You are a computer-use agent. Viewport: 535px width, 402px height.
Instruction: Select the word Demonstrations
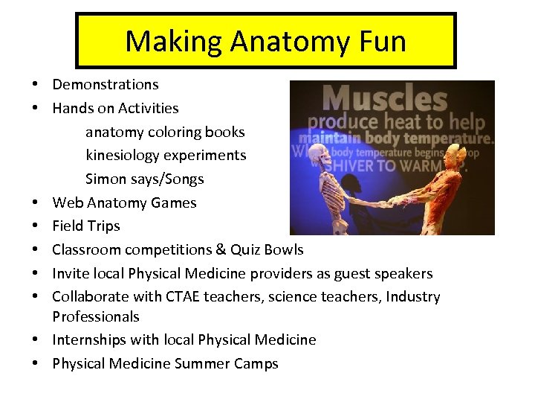(x=106, y=85)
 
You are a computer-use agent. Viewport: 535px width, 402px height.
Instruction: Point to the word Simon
(x=106, y=179)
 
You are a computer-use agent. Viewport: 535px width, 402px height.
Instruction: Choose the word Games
(x=172, y=202)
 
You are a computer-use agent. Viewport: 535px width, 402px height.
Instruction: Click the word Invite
(x=72, y=273)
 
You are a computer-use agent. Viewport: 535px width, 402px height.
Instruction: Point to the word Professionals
(x=96, y=316)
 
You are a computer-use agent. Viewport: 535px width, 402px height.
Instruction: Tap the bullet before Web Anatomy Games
(x=36, y=202)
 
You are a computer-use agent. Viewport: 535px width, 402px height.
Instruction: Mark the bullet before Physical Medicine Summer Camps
(x=36, y=364)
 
